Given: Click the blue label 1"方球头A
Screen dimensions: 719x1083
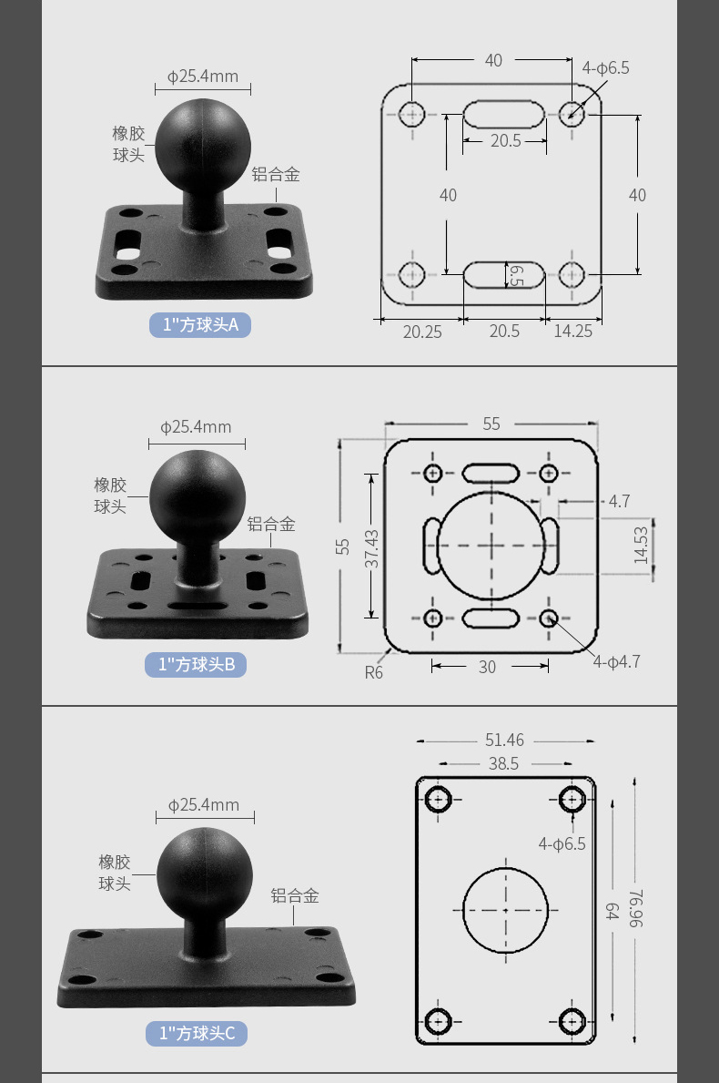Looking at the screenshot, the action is click(x=200, y=324).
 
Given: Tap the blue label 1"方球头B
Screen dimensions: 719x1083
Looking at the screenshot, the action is click(x=196, y=664).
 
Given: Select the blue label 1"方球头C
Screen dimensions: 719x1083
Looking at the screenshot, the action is click(x=197, y=1033).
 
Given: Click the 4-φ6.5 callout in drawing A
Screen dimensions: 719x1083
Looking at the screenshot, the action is click(x=605, y=67).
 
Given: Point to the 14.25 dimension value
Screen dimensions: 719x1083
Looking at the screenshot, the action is click(x=572, y=331).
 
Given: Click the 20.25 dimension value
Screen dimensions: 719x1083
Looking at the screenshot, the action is click(x=422, y=332).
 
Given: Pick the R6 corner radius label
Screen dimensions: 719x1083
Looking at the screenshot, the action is click(x=373, y=672).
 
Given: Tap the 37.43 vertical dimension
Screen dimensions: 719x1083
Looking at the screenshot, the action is click(x=371, y=548).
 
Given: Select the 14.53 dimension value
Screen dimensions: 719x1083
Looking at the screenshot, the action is click(x=641, y=546).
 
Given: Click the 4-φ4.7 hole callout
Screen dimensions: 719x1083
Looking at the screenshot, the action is click(x=617, y=661).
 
